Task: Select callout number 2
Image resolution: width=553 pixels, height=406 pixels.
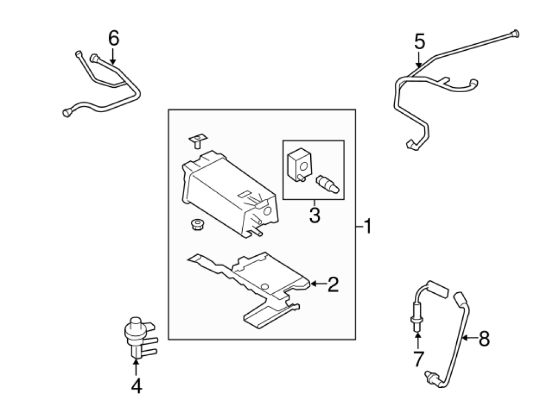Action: (333, 284)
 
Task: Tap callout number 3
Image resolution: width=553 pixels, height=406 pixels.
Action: (314, 215)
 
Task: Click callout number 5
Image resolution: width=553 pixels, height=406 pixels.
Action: (419, 41)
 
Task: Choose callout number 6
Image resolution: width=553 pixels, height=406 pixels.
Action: (113, 38)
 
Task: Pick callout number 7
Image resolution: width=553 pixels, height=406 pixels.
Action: (418, 359)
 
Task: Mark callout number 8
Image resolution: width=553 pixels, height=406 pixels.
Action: (484, 338)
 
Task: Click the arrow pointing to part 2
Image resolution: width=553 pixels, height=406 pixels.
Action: (317, 284)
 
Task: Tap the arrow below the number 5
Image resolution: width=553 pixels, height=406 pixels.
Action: (419, 60)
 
